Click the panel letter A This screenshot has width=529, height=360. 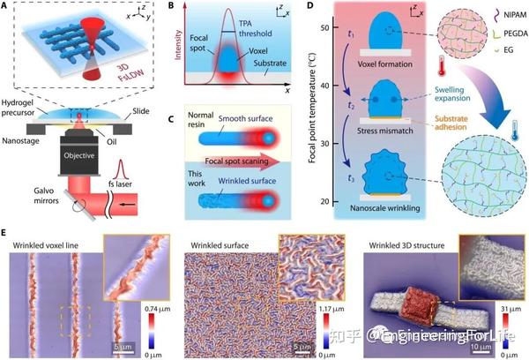pos(7,7)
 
